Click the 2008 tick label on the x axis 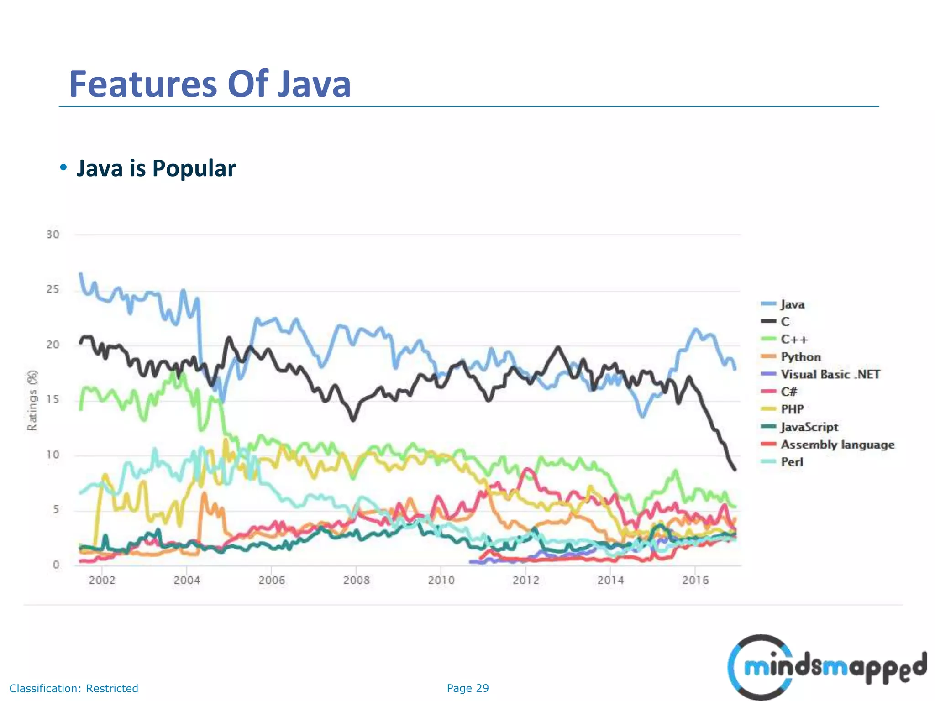tap(356, 580)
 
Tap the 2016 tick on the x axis tap(695, 580)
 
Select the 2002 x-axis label tap(102, 580)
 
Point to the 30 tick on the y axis tap(53, 235)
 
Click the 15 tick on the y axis tap(53, 399)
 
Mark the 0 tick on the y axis tap(56, 565)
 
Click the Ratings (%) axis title tap(32, 400)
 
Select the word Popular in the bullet tap(194, 168)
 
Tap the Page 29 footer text tap(467, 688)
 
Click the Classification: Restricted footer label tap(74, 688)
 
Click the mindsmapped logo tap(826, 667)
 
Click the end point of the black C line tap(735, 469)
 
